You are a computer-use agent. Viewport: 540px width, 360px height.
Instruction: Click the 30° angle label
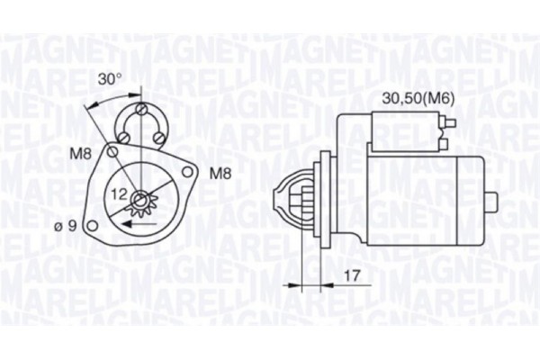(x=110, y=79)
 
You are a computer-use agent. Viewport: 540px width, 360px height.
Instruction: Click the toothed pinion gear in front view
(x=139, y=202)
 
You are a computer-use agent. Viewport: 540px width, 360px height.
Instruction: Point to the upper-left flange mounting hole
(x=112, y=153)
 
